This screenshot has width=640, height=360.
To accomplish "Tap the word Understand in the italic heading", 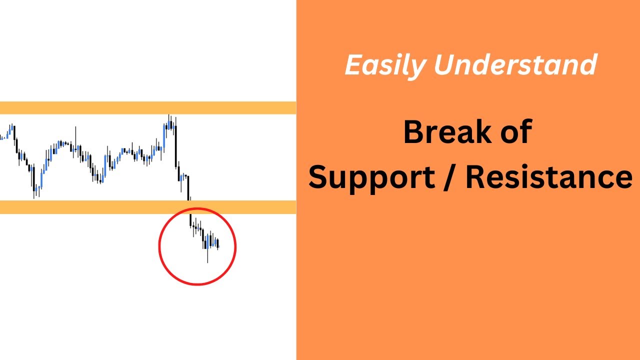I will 515,65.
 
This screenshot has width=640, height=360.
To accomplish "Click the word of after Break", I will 512,132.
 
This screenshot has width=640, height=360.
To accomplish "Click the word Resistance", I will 548,177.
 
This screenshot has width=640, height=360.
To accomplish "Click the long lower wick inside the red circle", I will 207,256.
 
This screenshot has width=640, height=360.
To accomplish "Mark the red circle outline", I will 159,246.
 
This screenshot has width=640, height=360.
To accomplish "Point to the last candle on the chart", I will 218,244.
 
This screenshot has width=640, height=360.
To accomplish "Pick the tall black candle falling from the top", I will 176,145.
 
